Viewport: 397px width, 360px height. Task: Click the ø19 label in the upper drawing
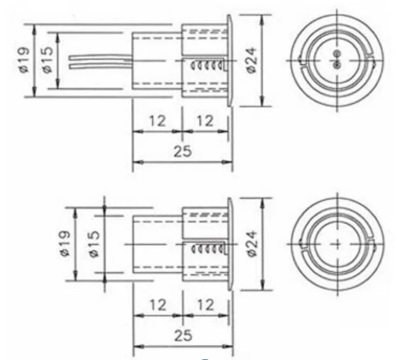24,60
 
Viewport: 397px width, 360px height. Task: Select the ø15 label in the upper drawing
48,60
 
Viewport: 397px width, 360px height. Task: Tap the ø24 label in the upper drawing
252,60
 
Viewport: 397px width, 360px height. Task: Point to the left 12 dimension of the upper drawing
157,120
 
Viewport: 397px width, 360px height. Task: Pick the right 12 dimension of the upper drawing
205,120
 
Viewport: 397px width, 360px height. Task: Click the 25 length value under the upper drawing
183,152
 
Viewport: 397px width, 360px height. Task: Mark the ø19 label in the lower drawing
65,244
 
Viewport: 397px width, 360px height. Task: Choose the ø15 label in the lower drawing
94,244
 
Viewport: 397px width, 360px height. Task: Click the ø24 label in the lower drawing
252,244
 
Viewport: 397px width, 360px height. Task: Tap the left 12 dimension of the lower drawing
158,305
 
